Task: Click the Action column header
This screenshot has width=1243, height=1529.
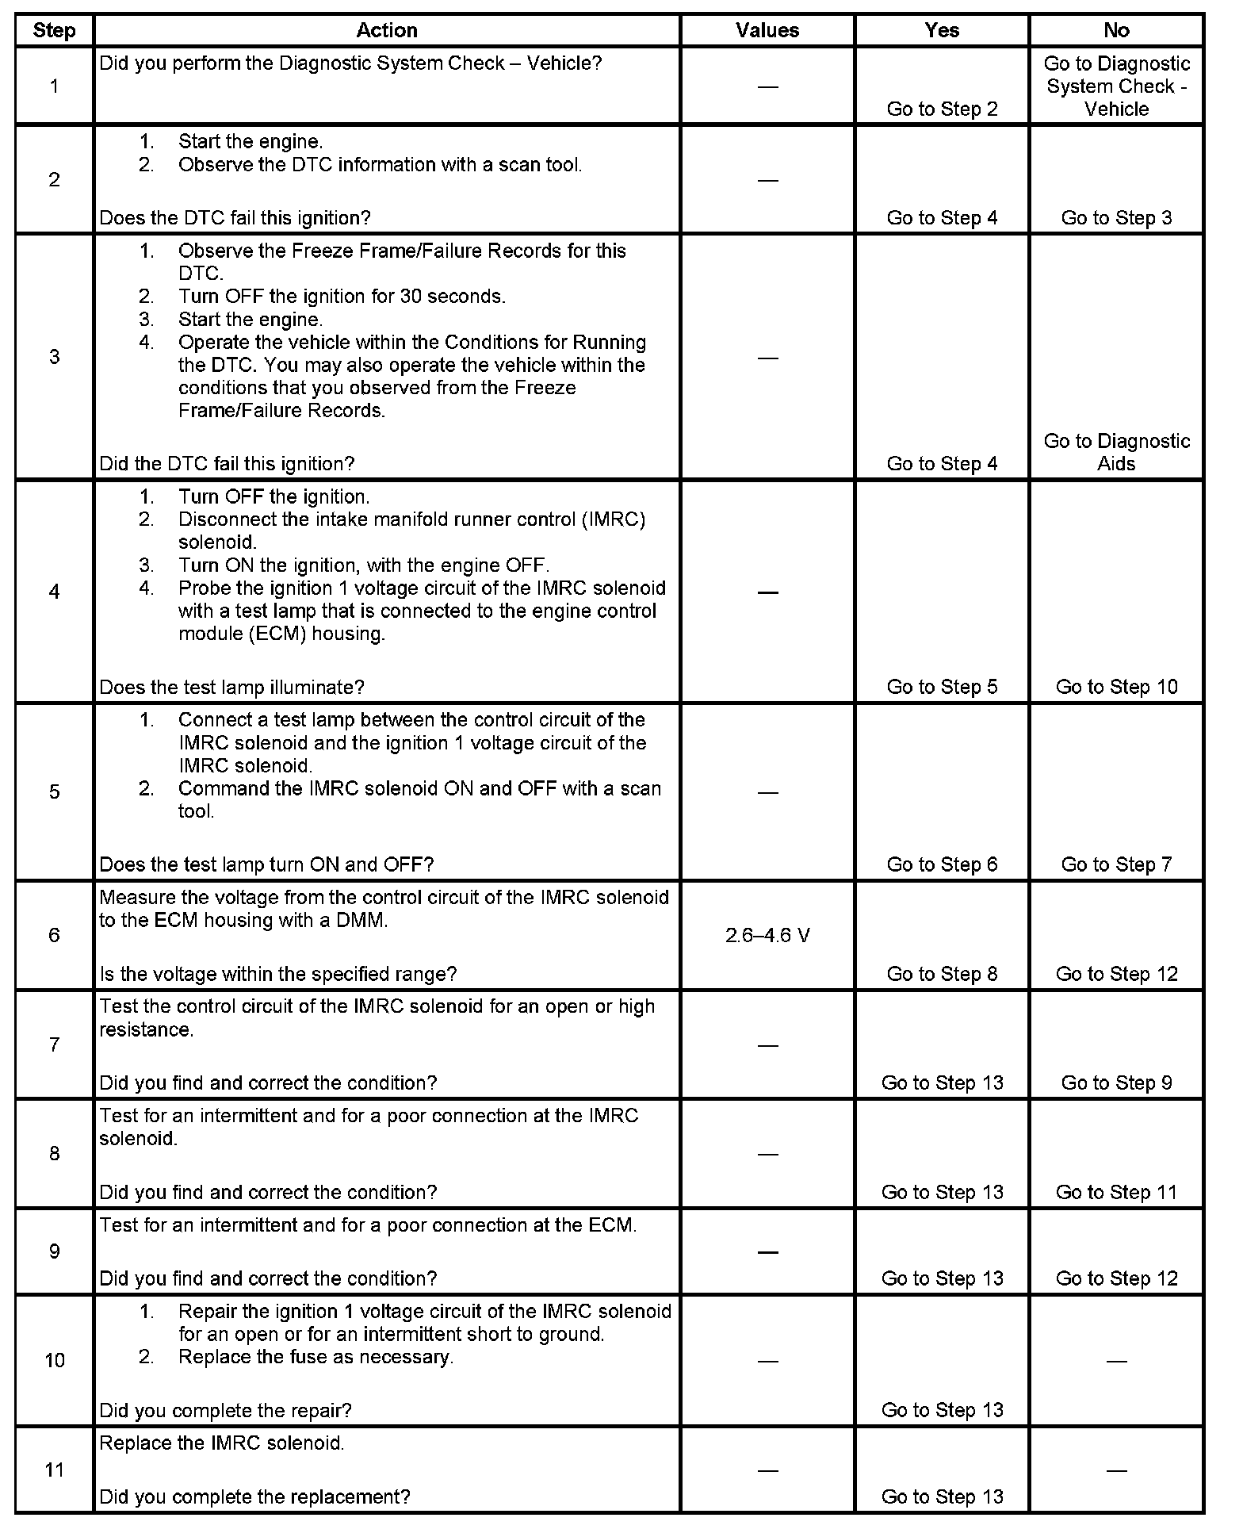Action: (x=386, y=30)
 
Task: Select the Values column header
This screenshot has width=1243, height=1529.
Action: (x=767, y=30)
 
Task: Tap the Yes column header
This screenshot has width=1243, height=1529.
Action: (x=942, y=30)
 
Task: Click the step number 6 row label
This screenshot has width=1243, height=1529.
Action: (x=54, y=935)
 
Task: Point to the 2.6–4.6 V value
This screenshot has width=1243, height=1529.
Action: (x=767, y=936)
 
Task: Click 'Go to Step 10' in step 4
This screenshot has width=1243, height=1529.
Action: (x=1116, y=687)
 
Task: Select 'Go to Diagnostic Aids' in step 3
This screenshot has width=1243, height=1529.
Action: (x=1116, y=452)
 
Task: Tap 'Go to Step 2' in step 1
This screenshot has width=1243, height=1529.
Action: (x=942, y=109)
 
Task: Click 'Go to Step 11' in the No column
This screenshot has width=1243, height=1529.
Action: (x=1116, y=1192)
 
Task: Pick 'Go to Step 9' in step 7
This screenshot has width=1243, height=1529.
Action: (x=1116, y=1083)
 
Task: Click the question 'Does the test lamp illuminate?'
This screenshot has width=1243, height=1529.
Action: (x=231, y=687)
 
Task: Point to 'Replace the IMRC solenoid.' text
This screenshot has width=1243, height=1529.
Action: (x=222, y=1443)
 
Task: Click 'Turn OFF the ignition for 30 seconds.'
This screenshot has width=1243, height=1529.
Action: (x=342, y=297)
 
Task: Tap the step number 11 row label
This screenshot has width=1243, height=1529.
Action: (x=54, y=1470)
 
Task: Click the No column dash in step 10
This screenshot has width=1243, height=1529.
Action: (x=1116, y=1361)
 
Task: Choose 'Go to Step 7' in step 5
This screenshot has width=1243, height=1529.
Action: (x=1116, y=864)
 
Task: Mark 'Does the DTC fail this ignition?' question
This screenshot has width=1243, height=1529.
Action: (x=235, y=218)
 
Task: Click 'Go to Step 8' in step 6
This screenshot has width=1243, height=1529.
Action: (x=942, y=974)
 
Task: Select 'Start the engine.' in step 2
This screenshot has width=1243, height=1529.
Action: (x=251, y=142)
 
